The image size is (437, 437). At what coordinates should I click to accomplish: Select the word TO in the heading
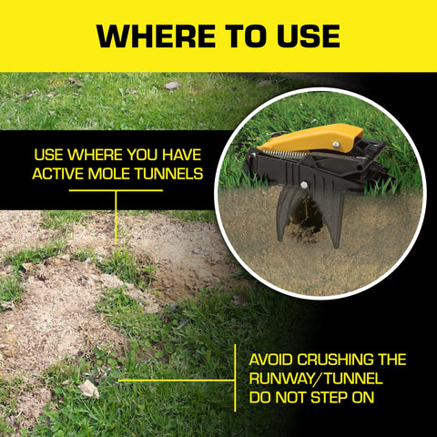246,36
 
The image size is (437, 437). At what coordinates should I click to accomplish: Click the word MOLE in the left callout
110,174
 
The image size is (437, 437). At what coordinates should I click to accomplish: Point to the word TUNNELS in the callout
169,174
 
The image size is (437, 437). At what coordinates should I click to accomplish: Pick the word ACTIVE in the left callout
58,174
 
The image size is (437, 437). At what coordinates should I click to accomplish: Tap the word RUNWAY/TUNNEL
316,379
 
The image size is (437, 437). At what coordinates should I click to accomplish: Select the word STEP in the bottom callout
330,398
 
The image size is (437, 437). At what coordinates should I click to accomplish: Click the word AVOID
270,360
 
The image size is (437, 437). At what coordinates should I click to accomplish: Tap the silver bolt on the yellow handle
336,145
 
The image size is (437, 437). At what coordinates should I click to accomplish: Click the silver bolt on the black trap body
303,185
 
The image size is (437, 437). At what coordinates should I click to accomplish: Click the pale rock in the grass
89,389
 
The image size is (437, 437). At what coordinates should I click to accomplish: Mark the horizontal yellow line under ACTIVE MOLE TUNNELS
116,190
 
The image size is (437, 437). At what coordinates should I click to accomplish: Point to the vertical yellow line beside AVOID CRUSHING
235,378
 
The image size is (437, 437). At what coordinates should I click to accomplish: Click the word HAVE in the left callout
182,155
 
